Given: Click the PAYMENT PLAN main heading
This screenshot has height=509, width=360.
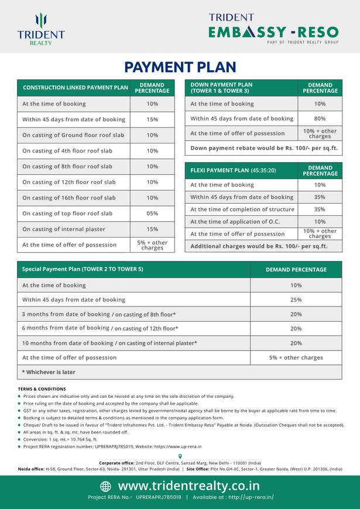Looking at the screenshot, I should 180,66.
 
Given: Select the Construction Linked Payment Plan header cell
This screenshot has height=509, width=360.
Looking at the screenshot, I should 75,88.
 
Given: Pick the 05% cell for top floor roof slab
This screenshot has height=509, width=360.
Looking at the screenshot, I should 152,214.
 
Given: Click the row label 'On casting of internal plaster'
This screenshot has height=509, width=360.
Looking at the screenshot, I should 66,229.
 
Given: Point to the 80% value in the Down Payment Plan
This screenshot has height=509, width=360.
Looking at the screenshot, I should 320,118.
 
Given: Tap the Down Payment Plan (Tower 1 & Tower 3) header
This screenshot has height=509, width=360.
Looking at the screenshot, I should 222,88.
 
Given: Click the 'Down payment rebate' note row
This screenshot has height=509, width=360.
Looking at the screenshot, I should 264,148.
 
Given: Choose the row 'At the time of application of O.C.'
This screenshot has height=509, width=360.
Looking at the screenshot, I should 237,222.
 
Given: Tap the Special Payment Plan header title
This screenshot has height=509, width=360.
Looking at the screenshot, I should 83,269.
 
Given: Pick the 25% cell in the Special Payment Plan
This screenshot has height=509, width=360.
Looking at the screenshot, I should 296,300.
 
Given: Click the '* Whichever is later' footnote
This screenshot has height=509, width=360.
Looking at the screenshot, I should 49,372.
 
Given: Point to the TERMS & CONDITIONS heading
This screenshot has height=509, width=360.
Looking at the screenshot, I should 42,388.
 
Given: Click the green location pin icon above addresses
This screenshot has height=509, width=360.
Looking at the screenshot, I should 180,456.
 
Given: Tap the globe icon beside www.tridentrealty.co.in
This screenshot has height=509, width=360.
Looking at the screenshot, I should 105,486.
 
